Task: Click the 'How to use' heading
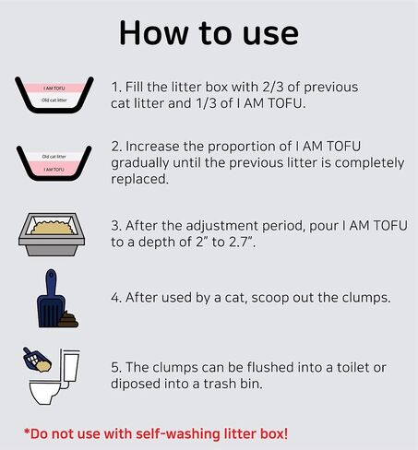click(x=209, y=32)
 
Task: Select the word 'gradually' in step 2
click(x=140, y=163)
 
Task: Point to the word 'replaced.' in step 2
click(x=140, y=179)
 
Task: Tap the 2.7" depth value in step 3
click(x=243, y=243)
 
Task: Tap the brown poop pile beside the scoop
click(x=67, y=319)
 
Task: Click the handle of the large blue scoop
click(x=51, y=282)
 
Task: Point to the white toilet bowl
click(x=44, y=391)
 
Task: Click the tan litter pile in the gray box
click(x=54, y=228)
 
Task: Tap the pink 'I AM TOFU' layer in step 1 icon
click(x=54, y=89)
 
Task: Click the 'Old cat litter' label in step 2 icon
click(x=54, y=157)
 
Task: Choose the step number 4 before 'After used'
click(x=116, y=298)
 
